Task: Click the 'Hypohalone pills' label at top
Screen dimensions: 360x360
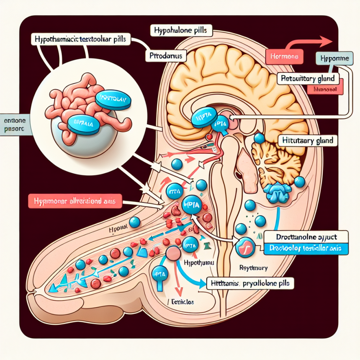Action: (x=181, y=31)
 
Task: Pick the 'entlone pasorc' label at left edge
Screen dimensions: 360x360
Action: (x=13, y=124)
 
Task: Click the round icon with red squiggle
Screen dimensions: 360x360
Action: (x=244, y=248)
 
